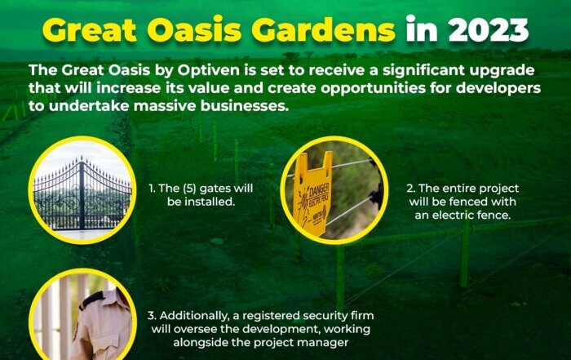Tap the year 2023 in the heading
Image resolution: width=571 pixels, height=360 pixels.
[x=489, y=30]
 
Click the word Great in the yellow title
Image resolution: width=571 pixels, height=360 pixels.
[x=90, y=30]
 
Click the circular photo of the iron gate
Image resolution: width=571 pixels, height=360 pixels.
[x=82, y=190]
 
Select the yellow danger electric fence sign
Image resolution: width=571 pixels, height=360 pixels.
[x=312, y=193]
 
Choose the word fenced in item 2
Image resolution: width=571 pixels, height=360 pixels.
[x=469, y=202]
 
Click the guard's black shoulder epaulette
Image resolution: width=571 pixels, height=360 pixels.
[x=91, y=300]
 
